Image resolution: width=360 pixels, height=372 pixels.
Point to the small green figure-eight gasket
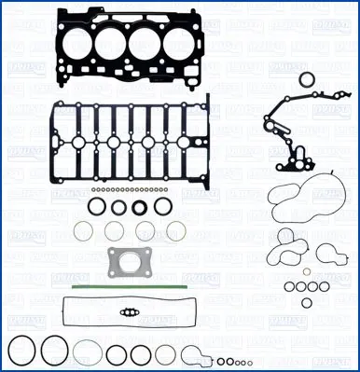131,312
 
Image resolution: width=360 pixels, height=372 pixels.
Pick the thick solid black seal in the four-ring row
142,206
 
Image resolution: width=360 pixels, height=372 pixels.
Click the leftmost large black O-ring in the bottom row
22,352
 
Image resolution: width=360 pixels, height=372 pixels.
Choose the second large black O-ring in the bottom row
55,352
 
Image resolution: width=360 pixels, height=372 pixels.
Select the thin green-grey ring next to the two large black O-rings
89,353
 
